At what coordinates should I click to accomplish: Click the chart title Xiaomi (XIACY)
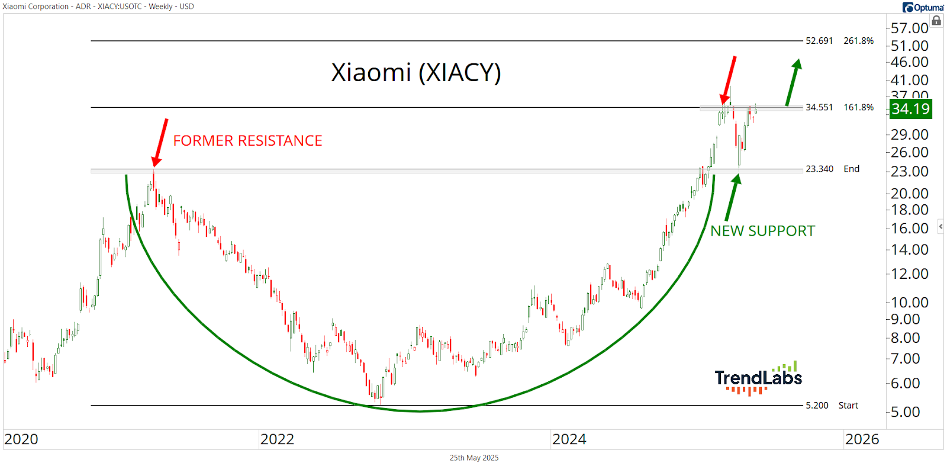pyautogui.click(x=415, y=73)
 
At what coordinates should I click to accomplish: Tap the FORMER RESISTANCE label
pyautogui.click(x=247, y=141)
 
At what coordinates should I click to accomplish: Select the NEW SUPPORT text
pyautogui.click(x=762, y=231)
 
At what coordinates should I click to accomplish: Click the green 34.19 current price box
pyautogui.click(x=910, y=109)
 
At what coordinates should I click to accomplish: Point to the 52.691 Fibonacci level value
pyautogui.click(x=819, y=41)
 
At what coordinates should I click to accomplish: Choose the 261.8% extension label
pyautogui.click(x=858, y=41)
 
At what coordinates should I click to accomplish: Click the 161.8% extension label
pyautogui.click(x=858, y=107)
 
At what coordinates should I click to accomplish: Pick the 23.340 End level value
pyautogui.click(x=819, y=169)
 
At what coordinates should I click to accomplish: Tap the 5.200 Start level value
pyautogui.click(x=817, y=406)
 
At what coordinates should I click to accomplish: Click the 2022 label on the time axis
pyautogui.click(x=277, y=439)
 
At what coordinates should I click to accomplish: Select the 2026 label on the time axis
pyautogui.click(x=862, y=439)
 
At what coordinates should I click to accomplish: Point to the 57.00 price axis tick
pyautogui.click(x=909, y=28)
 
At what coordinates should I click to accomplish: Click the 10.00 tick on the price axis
pyautogui.click(x=909, y=303)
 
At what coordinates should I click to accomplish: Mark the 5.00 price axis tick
pyautogui.click(x=906, y=412)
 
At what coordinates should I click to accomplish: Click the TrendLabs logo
pyautogui.click(x=758, y=378)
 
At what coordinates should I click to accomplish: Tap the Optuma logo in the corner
pyautogui.click(x=923, y=7)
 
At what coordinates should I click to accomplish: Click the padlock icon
pyautogui.click(x=936, y=21)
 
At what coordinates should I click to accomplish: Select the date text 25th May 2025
pyautogui.click(x=474, y=458)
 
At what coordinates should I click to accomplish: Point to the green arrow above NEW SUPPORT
pyautogui.click(x=732, y=198)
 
